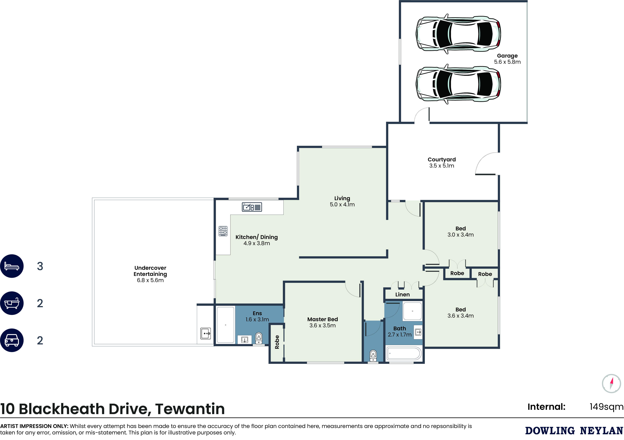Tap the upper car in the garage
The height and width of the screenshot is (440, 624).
coord(458,34)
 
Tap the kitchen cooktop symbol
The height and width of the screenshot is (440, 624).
coord(223,231)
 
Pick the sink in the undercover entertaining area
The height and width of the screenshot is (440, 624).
coord(206,333)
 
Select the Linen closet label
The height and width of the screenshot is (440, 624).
coord(402,295)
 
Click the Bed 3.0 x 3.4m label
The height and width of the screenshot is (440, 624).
coord(461,232)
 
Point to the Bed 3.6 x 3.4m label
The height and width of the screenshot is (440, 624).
coord(461,313)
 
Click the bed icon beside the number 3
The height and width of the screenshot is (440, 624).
coord(12,266)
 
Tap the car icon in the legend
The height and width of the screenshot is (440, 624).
coord(12,340)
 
